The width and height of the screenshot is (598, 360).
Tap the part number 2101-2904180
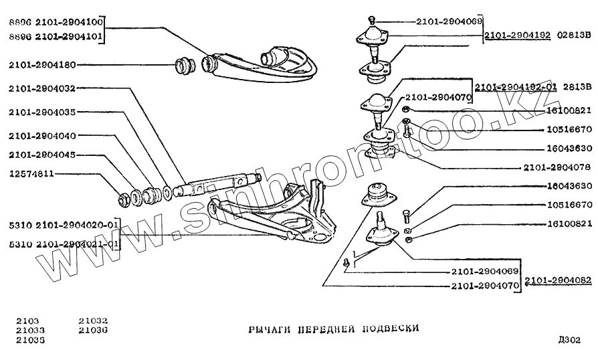point(43,65)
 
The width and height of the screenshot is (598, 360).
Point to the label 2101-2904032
point(43,88)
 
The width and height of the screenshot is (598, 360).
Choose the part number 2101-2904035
point(43,112)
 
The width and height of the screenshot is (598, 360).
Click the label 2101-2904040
point(43,135)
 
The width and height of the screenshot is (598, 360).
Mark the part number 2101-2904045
point(43,155)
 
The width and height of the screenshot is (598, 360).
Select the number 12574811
point(31,174)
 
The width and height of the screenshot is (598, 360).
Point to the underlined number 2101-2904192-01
point(516,86)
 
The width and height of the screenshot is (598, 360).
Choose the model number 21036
point(93,330)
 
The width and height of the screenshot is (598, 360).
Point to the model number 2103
point(27,321)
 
